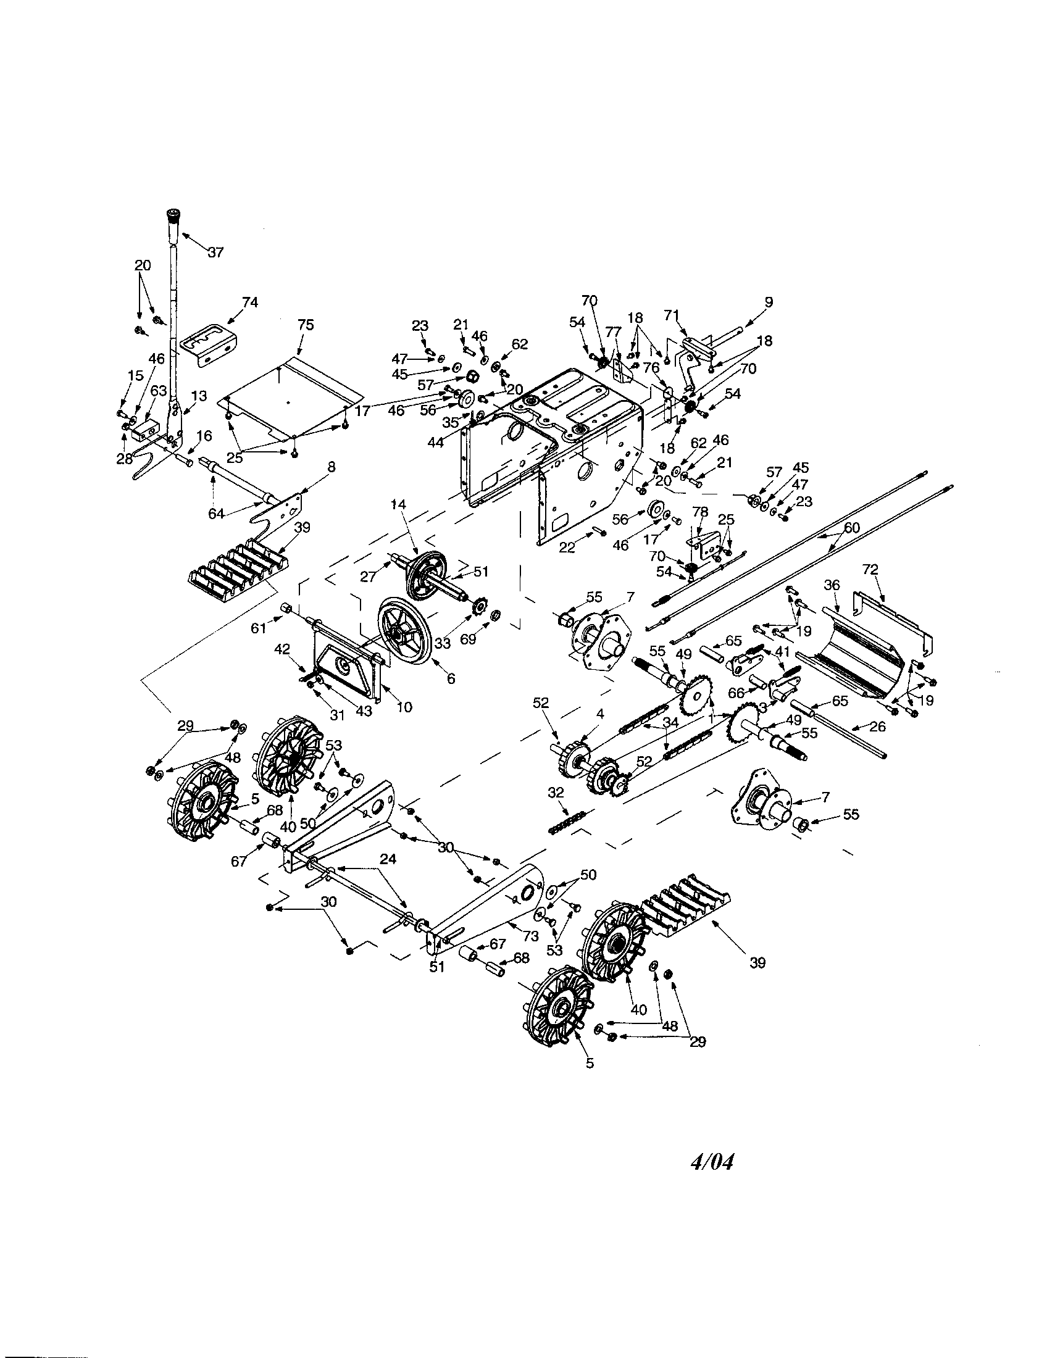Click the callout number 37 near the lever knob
pos(215,252)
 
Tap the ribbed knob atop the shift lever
pos(173,221)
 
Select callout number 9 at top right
pos(769,302)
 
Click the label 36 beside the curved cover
pos(832,585)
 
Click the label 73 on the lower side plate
pos(530,936)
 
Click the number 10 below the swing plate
pos(404,707)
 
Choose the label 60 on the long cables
pos(851,528)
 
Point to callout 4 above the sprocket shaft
pos(599,714)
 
